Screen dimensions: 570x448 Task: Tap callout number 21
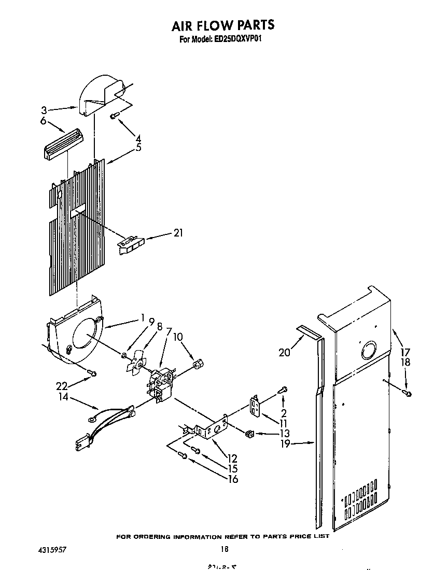pyautogui.click(x=178, y=233)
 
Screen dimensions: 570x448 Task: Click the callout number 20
pyautogui.click(x=284, y=353)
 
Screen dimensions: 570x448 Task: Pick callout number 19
pyautogui.click(x=285, y=444)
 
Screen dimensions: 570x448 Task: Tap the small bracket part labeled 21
pyautogui.click(x=131, y=244)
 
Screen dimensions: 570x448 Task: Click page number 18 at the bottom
pyautogui.click(x=223, y=549)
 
